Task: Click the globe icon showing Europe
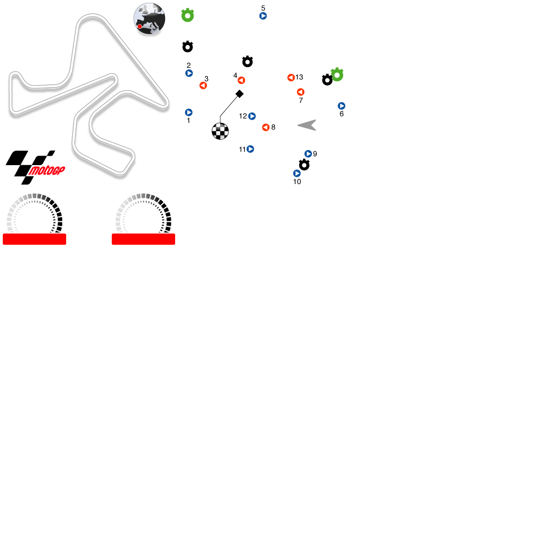pos(150,18)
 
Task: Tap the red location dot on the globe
pos(140,26)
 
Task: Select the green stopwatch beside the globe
pos(188,16)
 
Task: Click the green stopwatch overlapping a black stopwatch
pos(337,75)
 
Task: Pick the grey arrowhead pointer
pos(307,125)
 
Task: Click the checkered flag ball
pos(220,131)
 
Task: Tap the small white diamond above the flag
pos(240,94)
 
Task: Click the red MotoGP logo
pos(47,171)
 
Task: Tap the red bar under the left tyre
pos(34,239)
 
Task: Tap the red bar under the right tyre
pos(143,239)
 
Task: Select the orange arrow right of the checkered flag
pos(266,127)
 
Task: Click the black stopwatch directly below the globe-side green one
pos(188,47)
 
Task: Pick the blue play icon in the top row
pos(263,16)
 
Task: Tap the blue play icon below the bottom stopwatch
pos(297,173)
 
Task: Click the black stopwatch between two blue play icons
pos(304,165)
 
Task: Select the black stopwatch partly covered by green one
pos(326,81)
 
